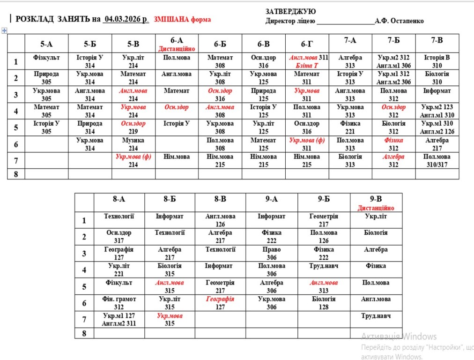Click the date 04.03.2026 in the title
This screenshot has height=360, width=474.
point(126,19)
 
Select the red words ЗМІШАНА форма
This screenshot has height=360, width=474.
point(182,19)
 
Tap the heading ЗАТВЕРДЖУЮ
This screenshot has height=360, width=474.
point(290,11)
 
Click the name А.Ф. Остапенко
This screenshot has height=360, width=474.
point(399,21)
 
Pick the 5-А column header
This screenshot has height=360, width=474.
point(46,44)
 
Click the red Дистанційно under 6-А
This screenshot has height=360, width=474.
point(177,49)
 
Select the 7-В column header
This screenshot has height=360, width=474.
point(437,40)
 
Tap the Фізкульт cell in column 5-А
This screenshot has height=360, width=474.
point(46,58)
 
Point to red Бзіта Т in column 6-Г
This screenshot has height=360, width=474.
point(306,66)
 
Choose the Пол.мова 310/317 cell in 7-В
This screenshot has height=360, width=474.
point(437,160)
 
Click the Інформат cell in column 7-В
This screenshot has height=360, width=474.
point(437,90)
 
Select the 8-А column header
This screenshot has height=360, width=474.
point(119,199)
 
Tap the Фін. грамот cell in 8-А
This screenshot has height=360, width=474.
point(119,303)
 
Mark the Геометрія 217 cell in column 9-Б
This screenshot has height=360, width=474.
point(324,220)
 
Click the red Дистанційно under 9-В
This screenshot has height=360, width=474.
point(376,208)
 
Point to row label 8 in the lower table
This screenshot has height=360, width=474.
point(84,333)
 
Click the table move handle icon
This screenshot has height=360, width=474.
point(5,30)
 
